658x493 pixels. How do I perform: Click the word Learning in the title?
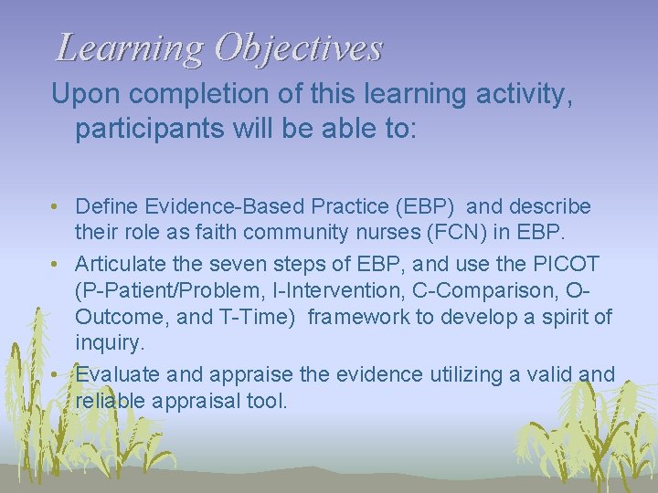pos(129,48)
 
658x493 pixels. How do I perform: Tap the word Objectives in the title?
pos(298,48)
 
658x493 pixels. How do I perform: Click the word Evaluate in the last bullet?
pos(116,374)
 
